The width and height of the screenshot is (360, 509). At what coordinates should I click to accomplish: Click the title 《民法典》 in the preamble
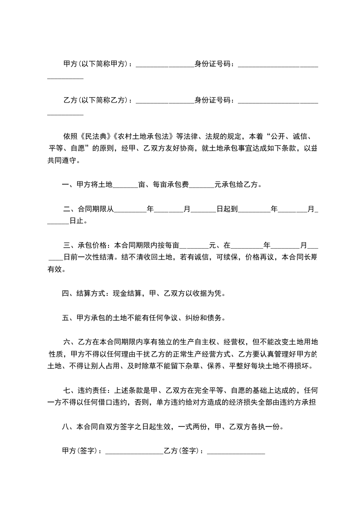pos(95,136)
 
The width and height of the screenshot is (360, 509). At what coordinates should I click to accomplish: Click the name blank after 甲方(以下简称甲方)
pos(165,64)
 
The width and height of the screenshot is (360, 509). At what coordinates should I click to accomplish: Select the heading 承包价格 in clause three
pos(93,246)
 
